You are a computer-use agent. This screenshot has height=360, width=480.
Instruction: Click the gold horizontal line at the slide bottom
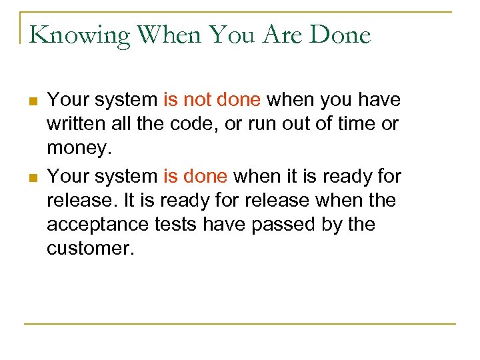click(240, 324)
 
